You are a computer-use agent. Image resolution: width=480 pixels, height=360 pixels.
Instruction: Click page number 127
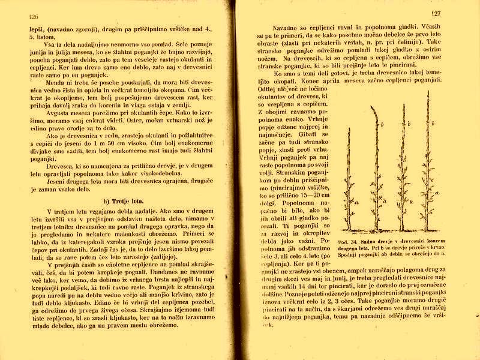(436, 13)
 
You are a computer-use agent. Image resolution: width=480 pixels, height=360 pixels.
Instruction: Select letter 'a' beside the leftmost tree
(358, 203)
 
